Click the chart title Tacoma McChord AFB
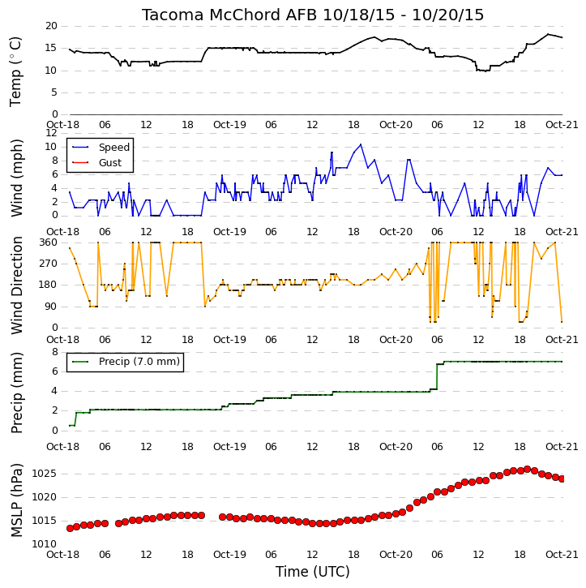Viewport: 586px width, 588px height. (230, 15)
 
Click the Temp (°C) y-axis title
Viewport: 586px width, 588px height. (15, 71)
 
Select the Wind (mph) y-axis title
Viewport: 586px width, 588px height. (17, 178)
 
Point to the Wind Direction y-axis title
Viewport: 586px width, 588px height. (17, 285)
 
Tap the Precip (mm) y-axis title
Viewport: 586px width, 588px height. (17, 393)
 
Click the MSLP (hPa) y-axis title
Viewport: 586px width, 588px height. (17, 500)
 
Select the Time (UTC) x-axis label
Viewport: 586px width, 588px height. (313, 572)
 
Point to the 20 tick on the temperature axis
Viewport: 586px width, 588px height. (51, 26)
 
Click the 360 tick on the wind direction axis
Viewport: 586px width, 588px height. (49, 242)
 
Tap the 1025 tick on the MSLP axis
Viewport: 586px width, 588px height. (45, 474)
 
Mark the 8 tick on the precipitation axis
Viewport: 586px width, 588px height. (55, 352)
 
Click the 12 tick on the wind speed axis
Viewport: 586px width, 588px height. (51, 133)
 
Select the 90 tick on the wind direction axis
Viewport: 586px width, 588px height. (51, 307)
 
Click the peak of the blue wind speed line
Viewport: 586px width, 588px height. (361, 144)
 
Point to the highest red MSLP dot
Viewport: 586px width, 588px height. (527, 469)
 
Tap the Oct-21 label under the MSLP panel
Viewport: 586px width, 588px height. (562, 555)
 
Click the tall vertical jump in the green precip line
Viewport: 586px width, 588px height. (437, 376)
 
